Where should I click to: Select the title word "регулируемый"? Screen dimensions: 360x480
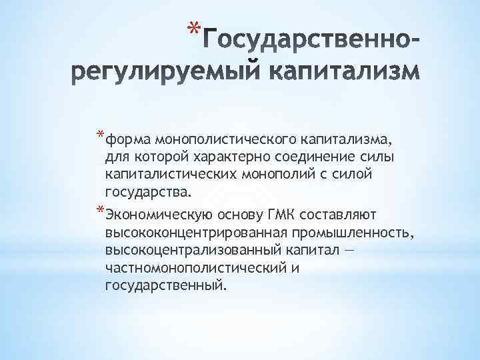155,72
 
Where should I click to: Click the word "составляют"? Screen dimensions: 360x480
339,215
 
